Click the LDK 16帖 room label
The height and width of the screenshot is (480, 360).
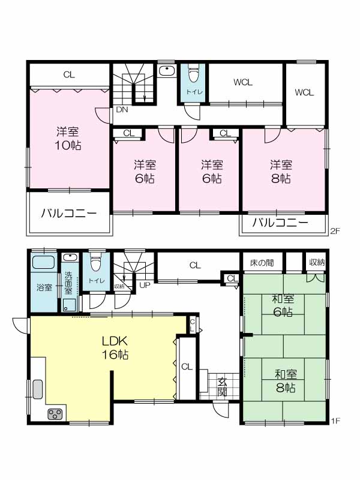coord(115,347)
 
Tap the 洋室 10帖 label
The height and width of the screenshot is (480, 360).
coord(68,139)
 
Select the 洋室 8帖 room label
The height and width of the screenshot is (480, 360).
coord(281,172)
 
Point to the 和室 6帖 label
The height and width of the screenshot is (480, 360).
coord(283,305)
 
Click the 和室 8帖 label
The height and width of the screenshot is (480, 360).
coord(286,381)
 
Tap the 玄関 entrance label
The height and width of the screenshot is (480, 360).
coord(223,386)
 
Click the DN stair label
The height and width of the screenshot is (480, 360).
coord(122,110)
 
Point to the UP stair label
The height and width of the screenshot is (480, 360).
coord(145,286)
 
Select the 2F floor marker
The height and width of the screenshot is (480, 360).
coord(335,231)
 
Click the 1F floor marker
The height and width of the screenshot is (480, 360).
coord(335,421)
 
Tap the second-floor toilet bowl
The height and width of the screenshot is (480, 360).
coord(193,74)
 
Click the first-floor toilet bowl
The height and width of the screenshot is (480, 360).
coord(96,263)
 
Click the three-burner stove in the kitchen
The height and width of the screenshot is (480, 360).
coord(55,414)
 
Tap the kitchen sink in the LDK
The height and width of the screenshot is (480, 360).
coord(38,389)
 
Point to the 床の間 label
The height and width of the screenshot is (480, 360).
coord(262,263)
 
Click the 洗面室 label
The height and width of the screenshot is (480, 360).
coord(68,283)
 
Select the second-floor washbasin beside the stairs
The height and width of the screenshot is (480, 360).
coord(167,71)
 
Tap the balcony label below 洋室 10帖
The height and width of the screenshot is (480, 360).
coord(69,213)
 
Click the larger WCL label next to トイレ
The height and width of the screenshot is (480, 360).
coord(243,82)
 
